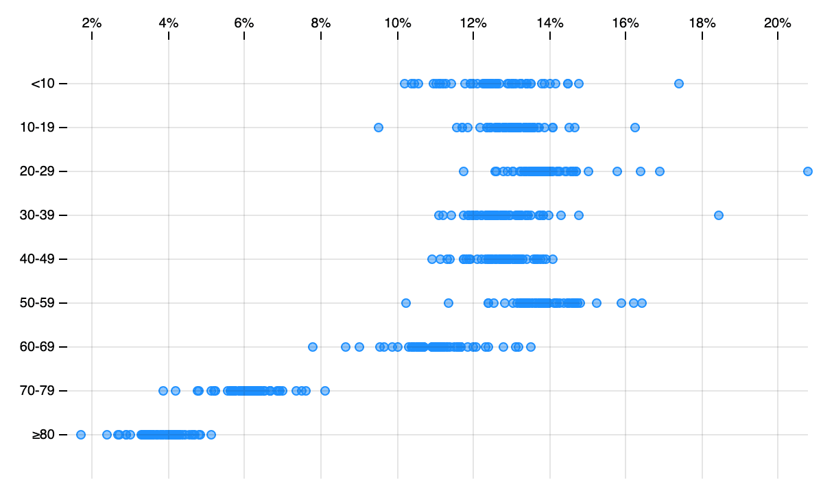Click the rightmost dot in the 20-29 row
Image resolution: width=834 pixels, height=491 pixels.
click(x=807, y=171)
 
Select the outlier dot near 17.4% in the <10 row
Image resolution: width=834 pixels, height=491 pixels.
click(x=678, y=84)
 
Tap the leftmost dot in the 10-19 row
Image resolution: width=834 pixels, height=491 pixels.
click(x=378, y=128)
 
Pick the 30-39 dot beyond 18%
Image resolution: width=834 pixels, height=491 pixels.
click(x=718, y=215)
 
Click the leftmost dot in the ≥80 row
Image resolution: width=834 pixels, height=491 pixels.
click(x=81, y=435)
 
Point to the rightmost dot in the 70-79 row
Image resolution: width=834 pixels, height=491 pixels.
click(x=325, y=391)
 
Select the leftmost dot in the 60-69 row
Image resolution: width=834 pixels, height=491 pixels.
click(x=313, y=347)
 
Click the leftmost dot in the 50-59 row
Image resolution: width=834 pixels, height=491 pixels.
click(x=405, y=303)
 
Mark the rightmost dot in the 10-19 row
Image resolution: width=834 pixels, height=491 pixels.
click(x=634, y=128)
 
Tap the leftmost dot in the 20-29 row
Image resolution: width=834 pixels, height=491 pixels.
click(x=463, y=171)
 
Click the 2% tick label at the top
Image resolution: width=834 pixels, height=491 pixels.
click(x=92, y=23)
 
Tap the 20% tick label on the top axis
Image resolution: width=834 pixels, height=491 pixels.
click(x=777, y=23)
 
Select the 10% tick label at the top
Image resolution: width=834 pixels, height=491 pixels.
click(x=397, y=23)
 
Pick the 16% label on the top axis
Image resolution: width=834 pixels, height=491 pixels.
click(x=625, y=23)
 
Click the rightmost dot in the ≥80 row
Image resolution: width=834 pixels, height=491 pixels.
click(x=211, y=435)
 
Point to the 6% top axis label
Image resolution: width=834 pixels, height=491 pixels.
click(x=244, y=23)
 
